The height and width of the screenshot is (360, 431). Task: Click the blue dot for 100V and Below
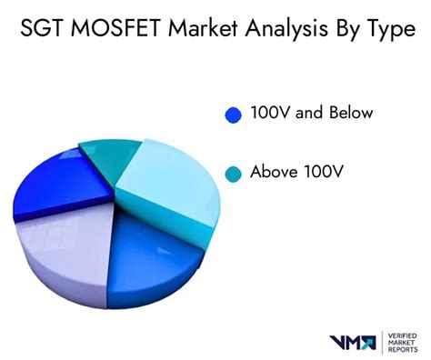[233, 115]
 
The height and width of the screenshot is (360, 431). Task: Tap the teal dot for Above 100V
[233, 173]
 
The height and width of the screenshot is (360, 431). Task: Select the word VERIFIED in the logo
[404, 335]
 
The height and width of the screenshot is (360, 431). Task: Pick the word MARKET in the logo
[402, 343]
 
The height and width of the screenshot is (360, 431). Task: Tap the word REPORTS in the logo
[403, 351]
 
